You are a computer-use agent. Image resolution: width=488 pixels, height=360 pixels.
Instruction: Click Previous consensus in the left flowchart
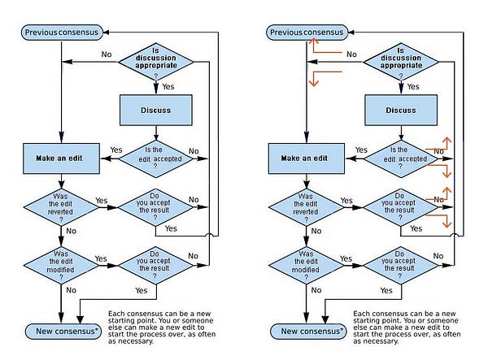(62, 33)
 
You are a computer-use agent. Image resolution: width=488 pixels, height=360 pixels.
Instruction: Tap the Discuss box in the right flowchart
(401, 110)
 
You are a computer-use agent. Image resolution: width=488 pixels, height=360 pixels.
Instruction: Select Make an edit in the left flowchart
(61, 158)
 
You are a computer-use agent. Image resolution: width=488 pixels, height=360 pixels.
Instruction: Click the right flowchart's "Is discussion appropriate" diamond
(401, 62)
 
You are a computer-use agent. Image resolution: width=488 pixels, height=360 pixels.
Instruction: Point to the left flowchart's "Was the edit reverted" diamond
(61, 206)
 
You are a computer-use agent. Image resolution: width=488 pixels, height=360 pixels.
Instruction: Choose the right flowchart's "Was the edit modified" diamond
(307, 265)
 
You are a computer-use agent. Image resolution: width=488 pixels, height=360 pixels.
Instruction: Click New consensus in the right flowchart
(308, 331)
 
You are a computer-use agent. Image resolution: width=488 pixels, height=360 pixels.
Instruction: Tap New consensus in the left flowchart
(63, 331)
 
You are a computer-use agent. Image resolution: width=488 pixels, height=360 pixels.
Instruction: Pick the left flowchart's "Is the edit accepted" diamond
(155, 158)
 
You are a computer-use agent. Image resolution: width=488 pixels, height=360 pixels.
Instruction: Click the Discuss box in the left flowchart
(156, 110)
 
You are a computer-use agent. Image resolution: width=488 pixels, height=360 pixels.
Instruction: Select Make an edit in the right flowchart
(307, 158)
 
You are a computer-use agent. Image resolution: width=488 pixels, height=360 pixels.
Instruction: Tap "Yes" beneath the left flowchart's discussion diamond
(168, 87)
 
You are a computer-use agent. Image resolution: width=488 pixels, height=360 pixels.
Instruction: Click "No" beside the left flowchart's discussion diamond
(107, 54)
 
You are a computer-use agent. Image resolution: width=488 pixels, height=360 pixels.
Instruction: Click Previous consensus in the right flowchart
(307, 33)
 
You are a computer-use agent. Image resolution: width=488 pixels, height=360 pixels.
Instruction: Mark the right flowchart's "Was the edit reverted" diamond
(307, 206)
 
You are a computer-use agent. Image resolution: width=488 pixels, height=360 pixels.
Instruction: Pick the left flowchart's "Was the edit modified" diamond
(61, 265)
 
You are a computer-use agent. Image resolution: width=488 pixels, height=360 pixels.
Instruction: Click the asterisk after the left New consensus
(96, 329)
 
